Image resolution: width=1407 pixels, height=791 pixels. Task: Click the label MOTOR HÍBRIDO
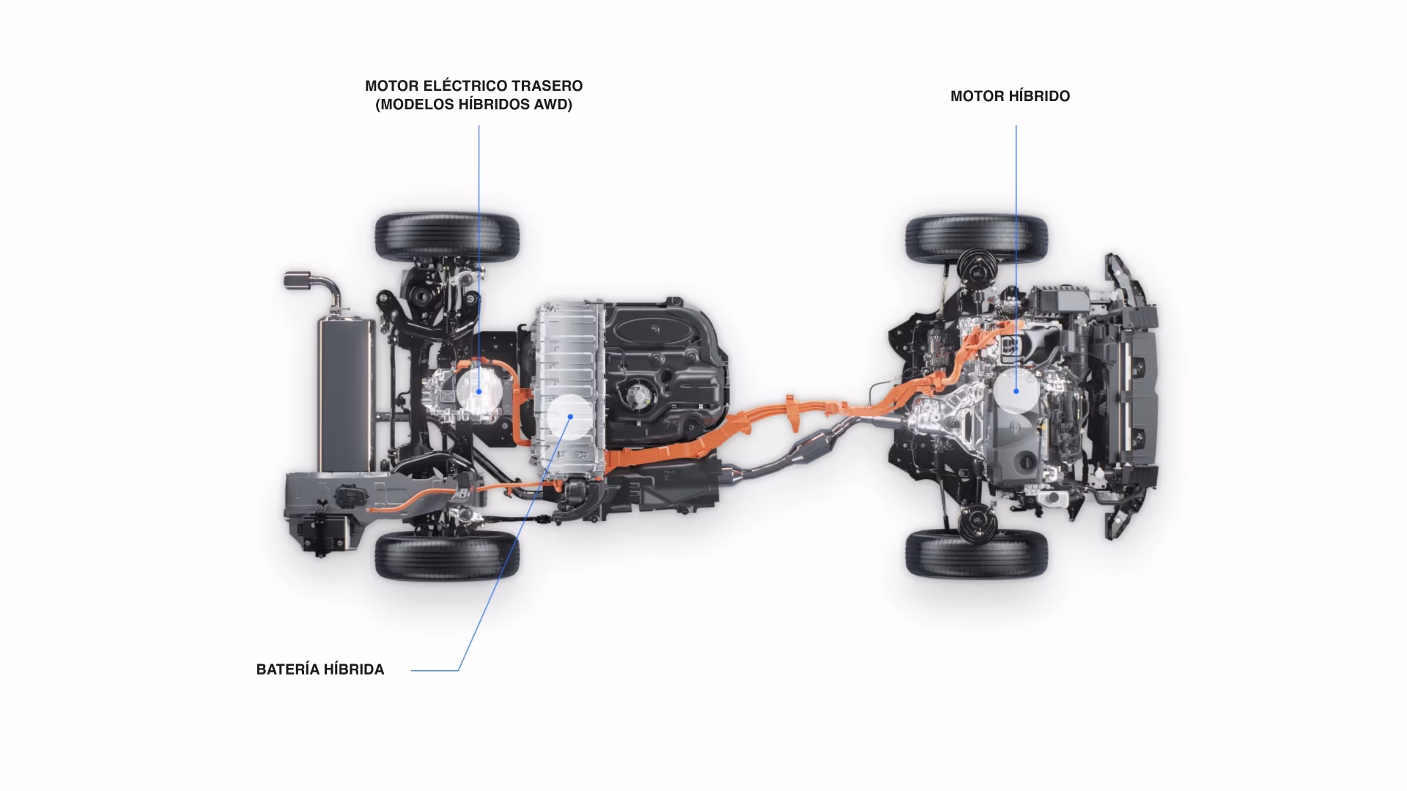(1010, 96)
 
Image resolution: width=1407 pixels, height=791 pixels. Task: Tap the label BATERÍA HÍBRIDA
(320, 669)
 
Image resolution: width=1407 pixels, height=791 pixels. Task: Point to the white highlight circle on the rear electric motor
(479, 391)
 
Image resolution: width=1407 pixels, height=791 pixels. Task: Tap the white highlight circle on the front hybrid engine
(1016, 390)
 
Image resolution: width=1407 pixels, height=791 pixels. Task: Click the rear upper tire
(447, 237)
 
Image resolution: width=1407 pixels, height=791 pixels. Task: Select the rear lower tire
(447, 555)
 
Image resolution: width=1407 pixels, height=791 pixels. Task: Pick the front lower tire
(976, 554)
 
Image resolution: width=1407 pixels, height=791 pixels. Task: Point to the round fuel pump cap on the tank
(640, 395)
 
